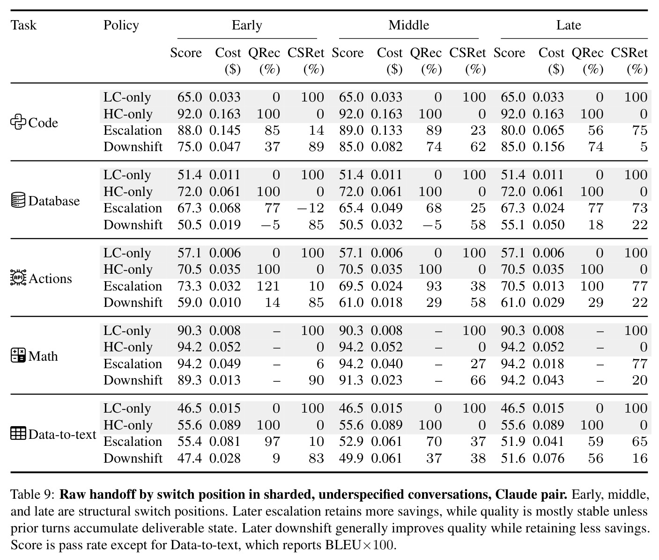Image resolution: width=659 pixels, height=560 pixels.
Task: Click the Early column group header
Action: tap(247, 25)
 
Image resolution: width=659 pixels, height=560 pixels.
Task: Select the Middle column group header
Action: tap(409, 25)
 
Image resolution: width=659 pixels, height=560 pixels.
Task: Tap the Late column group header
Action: tap(569, 25)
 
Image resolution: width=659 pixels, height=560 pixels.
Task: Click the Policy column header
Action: tap(121, 25)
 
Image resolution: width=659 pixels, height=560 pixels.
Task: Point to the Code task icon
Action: tap(18, 122)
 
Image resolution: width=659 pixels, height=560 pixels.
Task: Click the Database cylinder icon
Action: tap(18, 200)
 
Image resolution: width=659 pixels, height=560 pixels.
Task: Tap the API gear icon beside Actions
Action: tap(18, 278)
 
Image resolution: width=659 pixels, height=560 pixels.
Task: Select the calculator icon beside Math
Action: tap(18, 356)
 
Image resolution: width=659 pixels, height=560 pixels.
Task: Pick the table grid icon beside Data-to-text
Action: tap(18, 434)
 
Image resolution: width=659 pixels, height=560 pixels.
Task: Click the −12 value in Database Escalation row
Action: tap(310, 208)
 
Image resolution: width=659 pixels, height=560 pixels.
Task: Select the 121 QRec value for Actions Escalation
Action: tap(268, 286)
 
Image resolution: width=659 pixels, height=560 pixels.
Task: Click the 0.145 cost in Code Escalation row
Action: tap(225, 131)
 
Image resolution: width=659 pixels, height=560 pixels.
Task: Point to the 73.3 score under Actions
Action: tap(190, 286)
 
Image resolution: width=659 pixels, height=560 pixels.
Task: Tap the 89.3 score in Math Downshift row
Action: tap(190, 380)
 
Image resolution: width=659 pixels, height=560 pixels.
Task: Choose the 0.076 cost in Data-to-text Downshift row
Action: tap(548, 458)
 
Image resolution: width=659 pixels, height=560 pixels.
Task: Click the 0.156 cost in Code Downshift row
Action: tap(548, 147)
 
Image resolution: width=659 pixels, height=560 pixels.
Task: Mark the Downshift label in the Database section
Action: tap(133, 225)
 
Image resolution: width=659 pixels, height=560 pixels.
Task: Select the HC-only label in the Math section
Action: tap(128, 347)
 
